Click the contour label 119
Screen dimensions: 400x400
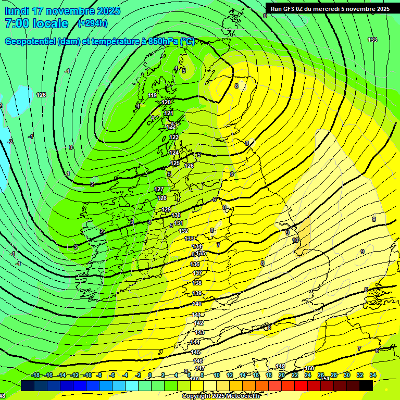[153, 95]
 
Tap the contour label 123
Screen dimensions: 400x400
[174, 137]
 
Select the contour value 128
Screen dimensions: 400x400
[162, 198]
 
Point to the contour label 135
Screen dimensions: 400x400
[201, 254]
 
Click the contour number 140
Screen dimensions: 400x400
[197, 304]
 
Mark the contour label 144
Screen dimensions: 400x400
[195, 342]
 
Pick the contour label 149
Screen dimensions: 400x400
[280, 366]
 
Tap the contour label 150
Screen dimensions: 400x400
[309, 368]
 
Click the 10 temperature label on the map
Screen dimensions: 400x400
[295, 240]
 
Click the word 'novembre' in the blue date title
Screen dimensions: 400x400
[73, 11]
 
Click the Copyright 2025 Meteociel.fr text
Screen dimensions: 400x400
[221, 396]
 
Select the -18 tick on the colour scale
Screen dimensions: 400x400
[35, 375]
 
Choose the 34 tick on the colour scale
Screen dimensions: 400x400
[372, 375]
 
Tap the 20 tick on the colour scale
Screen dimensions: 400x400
[282, 375]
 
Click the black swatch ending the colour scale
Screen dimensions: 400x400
[366, 385]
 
